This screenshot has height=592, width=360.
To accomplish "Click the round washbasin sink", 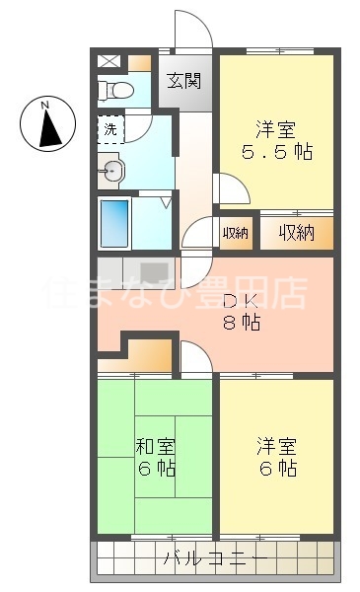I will [x=111, y=174].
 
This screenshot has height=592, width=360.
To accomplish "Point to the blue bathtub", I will [x=115, y=223].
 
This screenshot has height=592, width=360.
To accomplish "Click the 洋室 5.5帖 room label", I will [x=275, y=129].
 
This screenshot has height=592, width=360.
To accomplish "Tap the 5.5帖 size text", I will [x=275, y=153].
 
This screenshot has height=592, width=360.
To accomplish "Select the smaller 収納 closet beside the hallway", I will [x=235, y=234].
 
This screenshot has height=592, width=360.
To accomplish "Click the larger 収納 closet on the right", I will [x=296, y=233].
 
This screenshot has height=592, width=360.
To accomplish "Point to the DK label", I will [x=235, y=302].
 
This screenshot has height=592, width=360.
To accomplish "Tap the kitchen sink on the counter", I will [x=154, y=271].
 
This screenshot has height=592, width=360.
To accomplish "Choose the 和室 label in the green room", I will [x=155, y=446].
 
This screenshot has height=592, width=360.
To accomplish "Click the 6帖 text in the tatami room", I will [x=155, y=468].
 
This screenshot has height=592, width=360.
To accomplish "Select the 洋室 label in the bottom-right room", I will [x=275, y=446].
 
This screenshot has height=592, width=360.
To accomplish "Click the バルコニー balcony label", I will [x=214, y=559].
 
